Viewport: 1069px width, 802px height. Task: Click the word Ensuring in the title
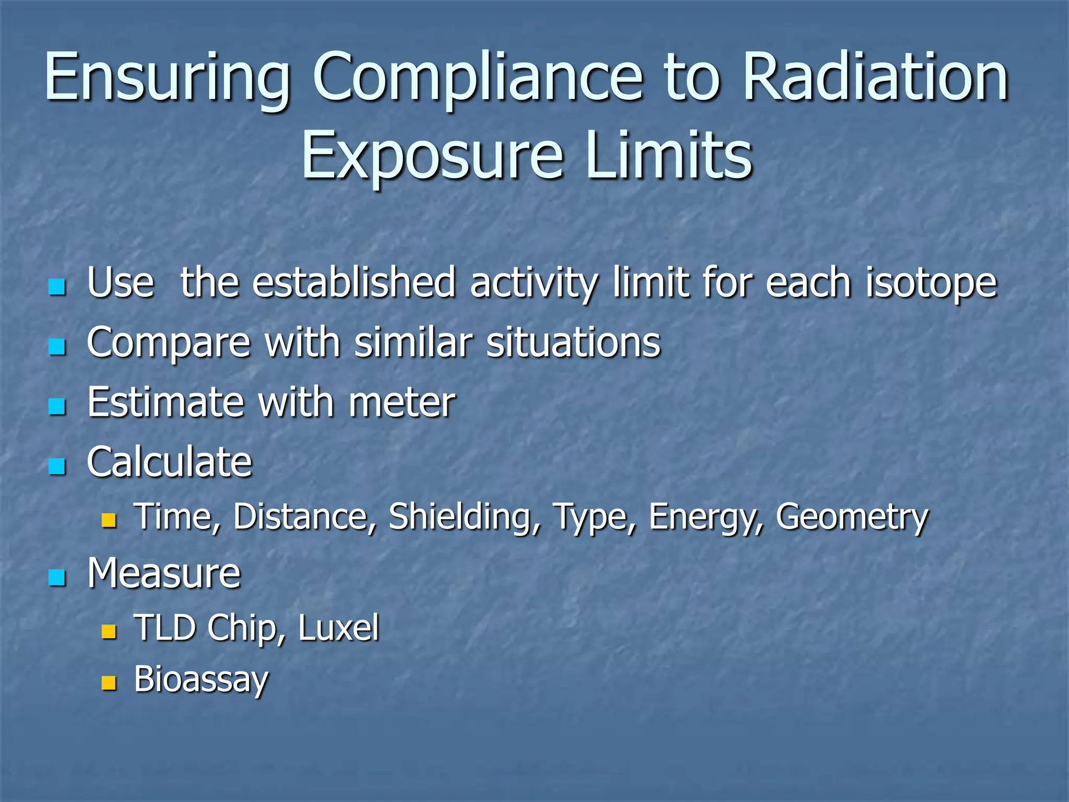point(167,78)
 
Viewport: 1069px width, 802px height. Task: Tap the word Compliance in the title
point(477,78)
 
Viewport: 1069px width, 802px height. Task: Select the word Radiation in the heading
point(875,78)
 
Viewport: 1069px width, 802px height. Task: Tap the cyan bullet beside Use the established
point(57,287)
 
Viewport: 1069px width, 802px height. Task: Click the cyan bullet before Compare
point(57,347)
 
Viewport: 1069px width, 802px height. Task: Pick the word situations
point(573,343)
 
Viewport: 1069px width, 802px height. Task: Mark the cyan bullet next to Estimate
point(57,407)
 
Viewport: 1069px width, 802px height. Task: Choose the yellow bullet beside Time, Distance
point(109,520)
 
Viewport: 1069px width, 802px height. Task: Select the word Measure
point(164,573)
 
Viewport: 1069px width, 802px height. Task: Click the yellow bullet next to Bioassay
point(109,682)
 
